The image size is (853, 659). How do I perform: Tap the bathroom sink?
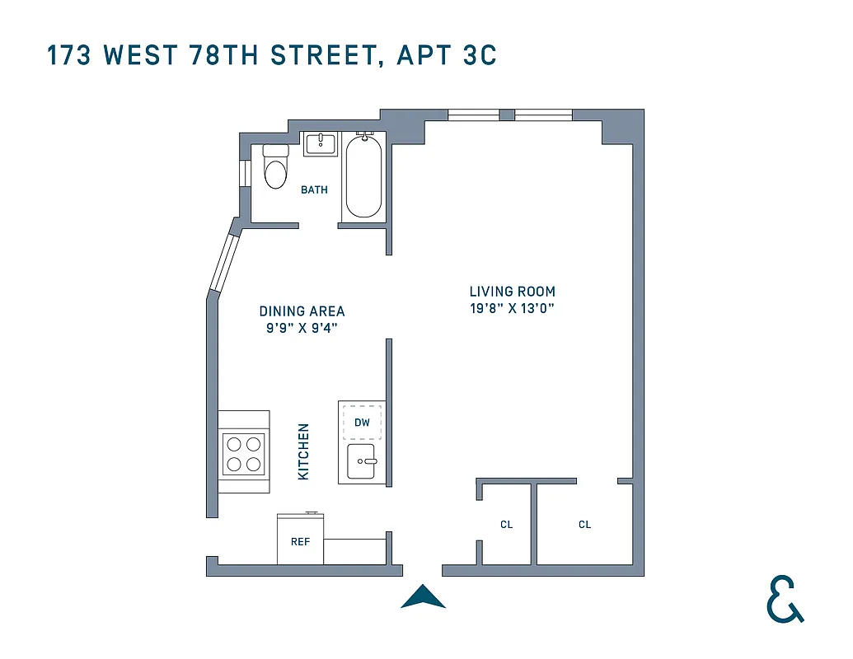tap(320, 144)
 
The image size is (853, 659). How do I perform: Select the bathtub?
tap(363, 177)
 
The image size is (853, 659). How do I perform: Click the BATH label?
tap(314, 189)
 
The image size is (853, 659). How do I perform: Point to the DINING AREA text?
tap(302, 311)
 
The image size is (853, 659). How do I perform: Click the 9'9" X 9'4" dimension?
tap(302, 328)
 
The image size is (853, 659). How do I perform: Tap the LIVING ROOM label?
tap(512, 292)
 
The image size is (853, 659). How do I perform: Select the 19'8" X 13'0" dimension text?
tap(512, 308)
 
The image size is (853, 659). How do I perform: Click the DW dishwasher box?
tap(363, 423)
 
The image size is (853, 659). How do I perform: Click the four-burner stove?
tap(244, 454)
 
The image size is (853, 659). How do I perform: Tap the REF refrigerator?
tap(300, 541)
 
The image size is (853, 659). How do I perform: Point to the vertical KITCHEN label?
tap(303, 452)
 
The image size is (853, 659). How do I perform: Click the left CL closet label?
tap(506, 524)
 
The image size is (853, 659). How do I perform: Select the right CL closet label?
tap(584, 524)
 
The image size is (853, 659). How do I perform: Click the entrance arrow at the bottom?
tap(423, 596)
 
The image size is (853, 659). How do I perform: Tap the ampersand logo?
tap(784, 599)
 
